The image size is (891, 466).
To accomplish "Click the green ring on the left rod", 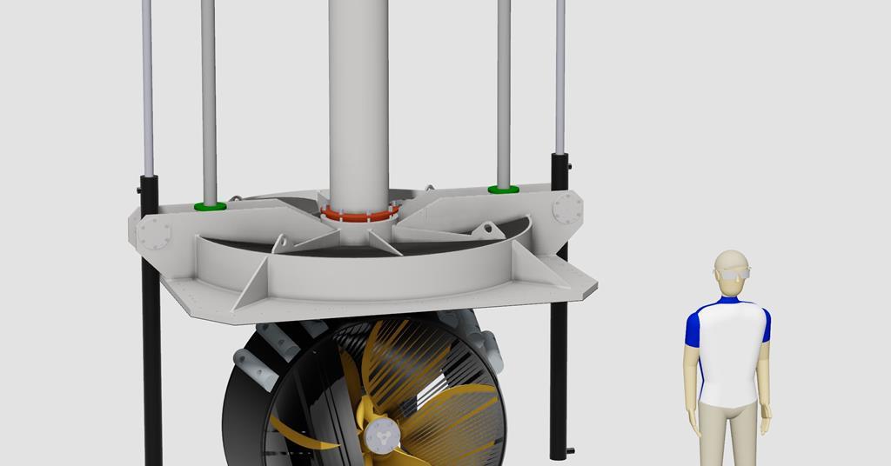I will (210, 206).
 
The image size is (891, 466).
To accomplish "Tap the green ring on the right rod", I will (503, 189).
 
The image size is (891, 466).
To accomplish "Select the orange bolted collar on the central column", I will (359, 211).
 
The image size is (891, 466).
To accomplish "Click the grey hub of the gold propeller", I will (379, 434).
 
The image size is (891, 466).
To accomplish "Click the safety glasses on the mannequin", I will (732, 275).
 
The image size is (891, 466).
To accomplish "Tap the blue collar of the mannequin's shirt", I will (729, 301).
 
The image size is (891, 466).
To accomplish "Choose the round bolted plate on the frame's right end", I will (567, 208).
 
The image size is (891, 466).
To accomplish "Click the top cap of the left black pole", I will (149, 180).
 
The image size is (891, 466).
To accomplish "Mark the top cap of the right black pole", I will (559, 156).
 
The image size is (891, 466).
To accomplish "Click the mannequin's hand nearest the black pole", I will (694, 425).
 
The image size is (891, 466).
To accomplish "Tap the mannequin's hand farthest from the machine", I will (765, 423).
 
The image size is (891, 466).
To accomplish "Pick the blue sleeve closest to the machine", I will (693, 326).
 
